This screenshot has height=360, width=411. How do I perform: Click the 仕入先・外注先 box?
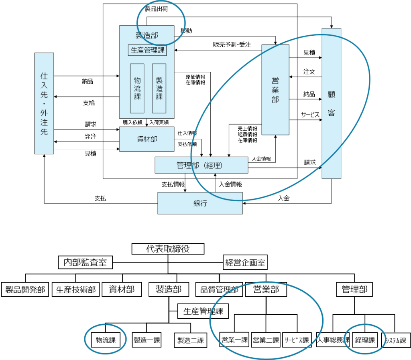click(44, 103)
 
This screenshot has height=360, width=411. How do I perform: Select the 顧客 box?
click(331, 103)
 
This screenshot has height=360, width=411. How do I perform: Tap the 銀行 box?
click(200, 203)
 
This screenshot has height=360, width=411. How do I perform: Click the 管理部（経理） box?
click(201, 165)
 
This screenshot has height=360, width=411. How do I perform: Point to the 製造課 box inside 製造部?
click(159, 88)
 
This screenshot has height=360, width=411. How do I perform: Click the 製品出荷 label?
click(156, 9)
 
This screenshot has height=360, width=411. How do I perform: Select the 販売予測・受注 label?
click(232, 45)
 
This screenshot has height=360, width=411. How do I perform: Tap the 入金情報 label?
click(261, 159)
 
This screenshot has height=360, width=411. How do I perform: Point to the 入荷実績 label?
click(159, 122)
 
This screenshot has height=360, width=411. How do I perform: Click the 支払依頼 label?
click(187, 144)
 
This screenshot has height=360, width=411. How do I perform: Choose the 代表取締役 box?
click(168, 249)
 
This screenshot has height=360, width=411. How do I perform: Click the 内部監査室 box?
click(85, 263)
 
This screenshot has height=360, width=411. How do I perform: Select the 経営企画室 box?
click(245, 263)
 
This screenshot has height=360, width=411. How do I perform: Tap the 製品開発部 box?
click(25, 289)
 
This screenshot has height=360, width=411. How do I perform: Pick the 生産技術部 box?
click(75, 289)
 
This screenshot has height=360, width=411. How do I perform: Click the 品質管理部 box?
click(219, 289)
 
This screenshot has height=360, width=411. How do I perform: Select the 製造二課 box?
click(191, 341)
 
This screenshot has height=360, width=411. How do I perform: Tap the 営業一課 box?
click(234, 340)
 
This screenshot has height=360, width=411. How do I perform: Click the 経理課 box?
click(364, 340)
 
